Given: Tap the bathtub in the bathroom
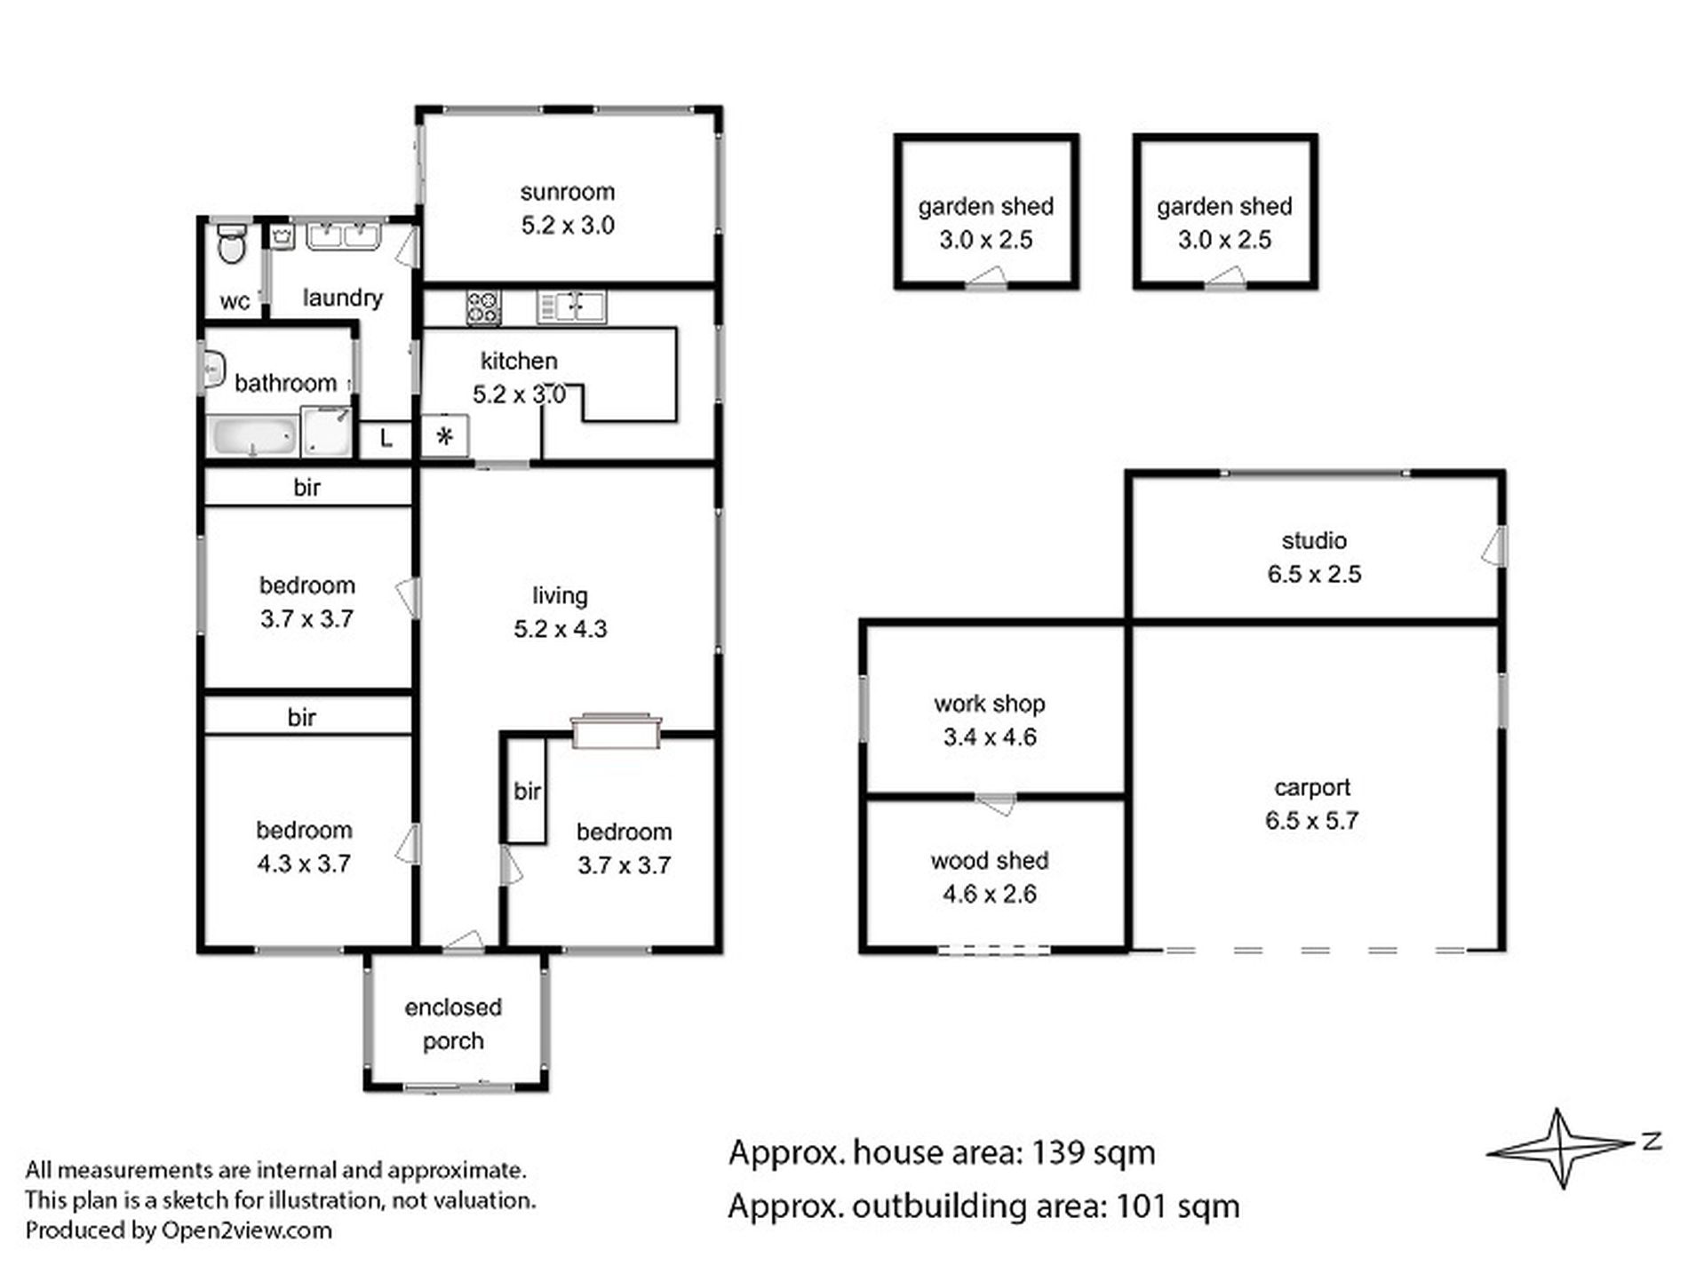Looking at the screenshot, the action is [253, 436].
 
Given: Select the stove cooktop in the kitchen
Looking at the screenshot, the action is [483, 307].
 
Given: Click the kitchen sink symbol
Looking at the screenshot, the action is [571, 307].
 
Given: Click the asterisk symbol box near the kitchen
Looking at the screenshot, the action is [445, 436].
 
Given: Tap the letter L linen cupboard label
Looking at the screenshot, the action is [386, 438].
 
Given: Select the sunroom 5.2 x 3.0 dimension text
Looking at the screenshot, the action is [568, 226].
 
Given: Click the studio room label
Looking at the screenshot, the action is [1314, 540].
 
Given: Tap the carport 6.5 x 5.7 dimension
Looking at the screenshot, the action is [1312, 820].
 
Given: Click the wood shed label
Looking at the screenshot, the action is [990, 860].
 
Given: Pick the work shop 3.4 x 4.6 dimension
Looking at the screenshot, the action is [990, 737].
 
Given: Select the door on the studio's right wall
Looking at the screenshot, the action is [1494, 545].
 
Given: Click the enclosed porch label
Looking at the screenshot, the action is [453, 1023].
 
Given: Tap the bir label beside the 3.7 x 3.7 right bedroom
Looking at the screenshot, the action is [527, 791].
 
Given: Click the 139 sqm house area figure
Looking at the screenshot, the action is [1093, 1152].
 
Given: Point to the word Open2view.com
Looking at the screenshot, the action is [246, 1230].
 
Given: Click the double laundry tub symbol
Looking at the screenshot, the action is [342, 237].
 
